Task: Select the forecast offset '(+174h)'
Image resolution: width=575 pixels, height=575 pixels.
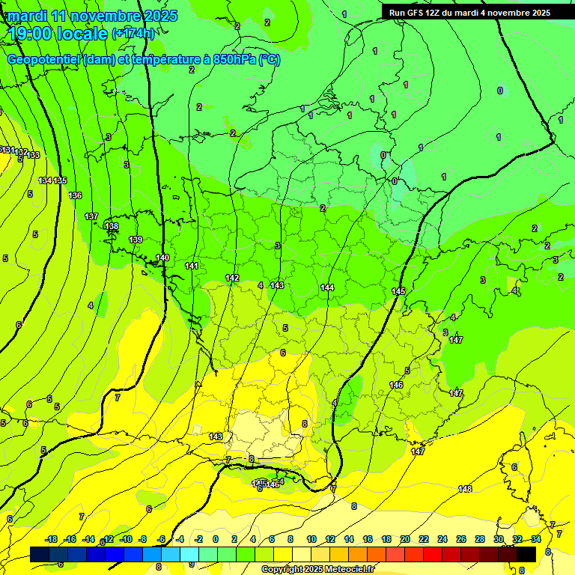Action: click(x=133, y=34)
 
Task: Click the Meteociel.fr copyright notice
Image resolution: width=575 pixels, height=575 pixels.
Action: click(x=317, y=570)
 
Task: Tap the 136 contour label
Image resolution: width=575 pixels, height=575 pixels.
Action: click(x=75, y=195)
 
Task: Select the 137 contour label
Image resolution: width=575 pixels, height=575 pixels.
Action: click(x=91, y=216)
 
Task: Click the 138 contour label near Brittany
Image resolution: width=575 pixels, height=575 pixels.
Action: click(x=112, y=226)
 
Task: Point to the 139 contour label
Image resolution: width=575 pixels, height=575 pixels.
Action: click(x=136, y=240)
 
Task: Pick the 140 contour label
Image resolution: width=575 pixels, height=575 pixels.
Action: click(x=162, y=258)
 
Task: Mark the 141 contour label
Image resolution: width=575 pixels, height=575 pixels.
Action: click(x=192, y=266)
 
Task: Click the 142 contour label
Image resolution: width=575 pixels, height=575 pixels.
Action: click(x=232, y=278)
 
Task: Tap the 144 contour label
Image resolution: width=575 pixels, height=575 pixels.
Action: click(x=327, y=287)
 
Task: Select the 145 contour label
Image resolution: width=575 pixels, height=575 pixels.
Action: click(x=398, y=291)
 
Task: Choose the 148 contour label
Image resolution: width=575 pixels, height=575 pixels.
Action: click(x=465, y=489)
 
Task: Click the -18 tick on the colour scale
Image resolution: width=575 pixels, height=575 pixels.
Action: click(x=51, y=539)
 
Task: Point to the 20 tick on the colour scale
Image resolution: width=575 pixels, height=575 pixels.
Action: click(x=405, y=539)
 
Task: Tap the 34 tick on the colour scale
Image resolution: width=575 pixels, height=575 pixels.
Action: click(x=536, y=539)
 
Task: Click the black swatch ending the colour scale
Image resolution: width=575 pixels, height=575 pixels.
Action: click(x=526, y=554)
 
